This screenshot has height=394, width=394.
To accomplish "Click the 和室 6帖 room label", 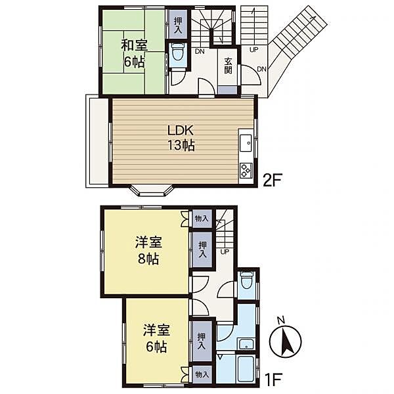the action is click(x=134, y=54).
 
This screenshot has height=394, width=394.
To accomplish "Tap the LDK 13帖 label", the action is click(x=181, y=138).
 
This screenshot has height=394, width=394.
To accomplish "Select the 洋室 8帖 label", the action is click(x=148, y=251).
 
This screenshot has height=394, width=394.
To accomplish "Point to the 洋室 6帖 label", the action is click(x=156, y=338).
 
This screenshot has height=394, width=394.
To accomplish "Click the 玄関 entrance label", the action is click(x=228, y=66).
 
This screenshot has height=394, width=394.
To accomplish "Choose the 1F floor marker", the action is click(x=274, y=380).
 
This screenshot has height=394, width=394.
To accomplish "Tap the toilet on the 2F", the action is click(x=178, y=53).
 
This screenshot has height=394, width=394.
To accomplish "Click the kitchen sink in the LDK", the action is click(x=246, y=143).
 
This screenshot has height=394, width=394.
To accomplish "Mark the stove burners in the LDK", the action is click(x=246, y=170).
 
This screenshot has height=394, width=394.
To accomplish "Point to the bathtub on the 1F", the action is click(x=246, y=369).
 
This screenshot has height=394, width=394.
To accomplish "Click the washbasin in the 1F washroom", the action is click(x=246, y=344).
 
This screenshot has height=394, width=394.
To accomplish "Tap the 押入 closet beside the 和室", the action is click(x=178, y=25).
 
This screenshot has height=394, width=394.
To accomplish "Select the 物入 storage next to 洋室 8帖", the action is click(x=202, y=219).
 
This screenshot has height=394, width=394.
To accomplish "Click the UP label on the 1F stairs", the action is click(x=225, y=252).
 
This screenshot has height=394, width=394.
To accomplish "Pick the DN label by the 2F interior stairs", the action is click(x=200, y=52).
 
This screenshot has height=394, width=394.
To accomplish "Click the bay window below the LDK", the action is click(x=152, y=190).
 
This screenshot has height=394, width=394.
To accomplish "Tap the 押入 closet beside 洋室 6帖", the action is click(x=202, y=341).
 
